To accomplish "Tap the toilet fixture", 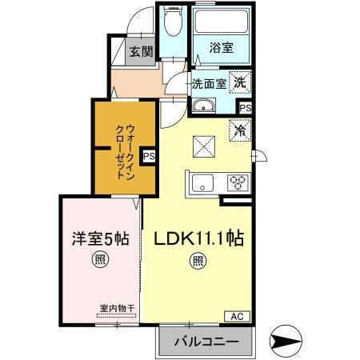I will point(170,26).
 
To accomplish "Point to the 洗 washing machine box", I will point(240,81).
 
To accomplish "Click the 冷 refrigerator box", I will point(240,128).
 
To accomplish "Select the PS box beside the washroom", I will point(245,107).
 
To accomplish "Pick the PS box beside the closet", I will point(149,158).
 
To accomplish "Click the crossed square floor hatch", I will point(202,146).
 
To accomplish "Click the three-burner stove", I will point(238,182).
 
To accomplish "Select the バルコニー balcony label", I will point(204,342).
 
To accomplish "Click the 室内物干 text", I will point(115,306).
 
